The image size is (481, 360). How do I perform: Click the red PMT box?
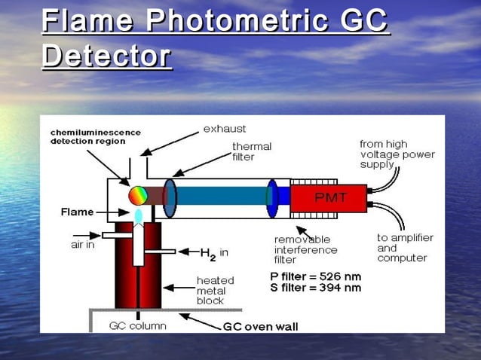pyautogui.click(x=329, y=198)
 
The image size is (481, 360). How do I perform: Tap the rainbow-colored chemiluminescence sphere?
pyautogui.click(x=138, y=197)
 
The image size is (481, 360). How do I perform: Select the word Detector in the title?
pyautogui.click(x=106, y=56)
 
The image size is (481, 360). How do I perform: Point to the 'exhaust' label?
pyautogui.click(x=225, y=129)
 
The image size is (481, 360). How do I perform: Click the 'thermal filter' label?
pyautogui.click(x=252, y=151)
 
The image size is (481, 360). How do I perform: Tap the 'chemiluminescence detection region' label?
pyautogui.click(x=96, y=136)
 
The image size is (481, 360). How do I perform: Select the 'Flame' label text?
pyautogui.click(x=78, y=212)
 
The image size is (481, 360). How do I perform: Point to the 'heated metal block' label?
pyautogui.click(x=215, y=290)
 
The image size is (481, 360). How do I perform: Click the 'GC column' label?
pyautogui.click(x=138, y=326)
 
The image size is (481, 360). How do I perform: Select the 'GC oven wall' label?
pyautogui.click(x=260, y=327)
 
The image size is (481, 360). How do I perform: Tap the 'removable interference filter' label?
pyautogui.click(x=305, y=249)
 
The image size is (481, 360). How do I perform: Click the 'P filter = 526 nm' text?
pyautogui.click(x=316, y=276)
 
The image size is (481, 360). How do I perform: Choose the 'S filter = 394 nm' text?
pyautogui.click(x=316, y=288)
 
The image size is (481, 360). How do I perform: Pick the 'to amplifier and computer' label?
pyautogui.click(x=405, y=248)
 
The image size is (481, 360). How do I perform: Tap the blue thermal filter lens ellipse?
pyautogui.click(x=170, y=197)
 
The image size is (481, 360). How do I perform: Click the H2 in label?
pyautogui.click(x=213, y=254)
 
